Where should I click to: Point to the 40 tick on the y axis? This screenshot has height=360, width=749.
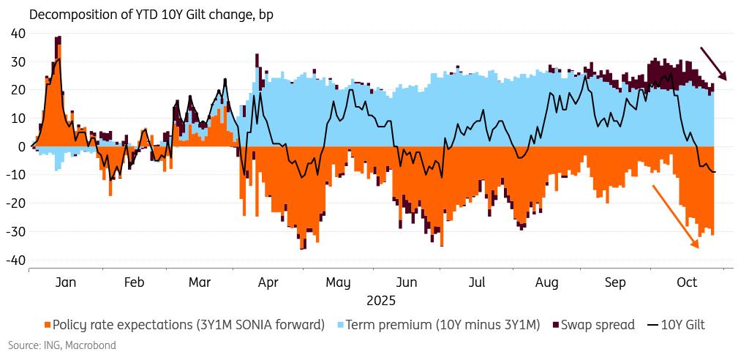pos(17,33)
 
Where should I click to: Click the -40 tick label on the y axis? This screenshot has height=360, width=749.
pos(15,260)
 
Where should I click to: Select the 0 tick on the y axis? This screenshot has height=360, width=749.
pos(21,146)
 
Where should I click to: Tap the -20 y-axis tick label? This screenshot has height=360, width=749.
pos(15,203)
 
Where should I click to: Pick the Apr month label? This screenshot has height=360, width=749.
pos(268,282)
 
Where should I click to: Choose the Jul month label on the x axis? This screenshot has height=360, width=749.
pos(476,282)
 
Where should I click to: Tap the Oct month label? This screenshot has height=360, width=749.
pos(687,282)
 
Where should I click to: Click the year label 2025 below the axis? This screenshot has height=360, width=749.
pos(380,300)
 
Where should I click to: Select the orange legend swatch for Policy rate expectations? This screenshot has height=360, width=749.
pos(48,325)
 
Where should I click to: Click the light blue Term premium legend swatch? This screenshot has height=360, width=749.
pos(341,325)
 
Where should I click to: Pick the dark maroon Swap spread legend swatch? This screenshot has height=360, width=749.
pos(555,325)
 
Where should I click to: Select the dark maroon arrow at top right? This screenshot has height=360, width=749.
pos(713,64)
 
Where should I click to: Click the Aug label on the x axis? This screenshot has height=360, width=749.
pos(547,282)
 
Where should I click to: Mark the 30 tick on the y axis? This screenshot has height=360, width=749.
pos(17,61)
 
